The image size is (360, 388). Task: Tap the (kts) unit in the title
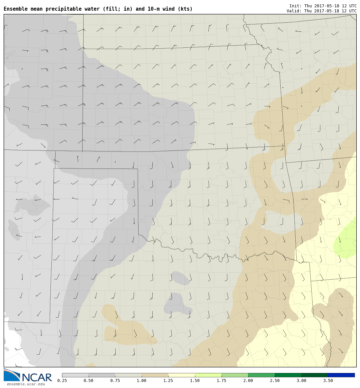coord(185,9)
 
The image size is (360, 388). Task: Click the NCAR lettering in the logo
coord(37,377)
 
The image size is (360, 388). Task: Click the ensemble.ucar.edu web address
coord(26,384)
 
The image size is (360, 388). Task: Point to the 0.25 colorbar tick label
coord(62,381)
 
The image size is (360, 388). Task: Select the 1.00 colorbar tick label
coord(141,381)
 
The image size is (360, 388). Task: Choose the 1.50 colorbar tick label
coord(195,381)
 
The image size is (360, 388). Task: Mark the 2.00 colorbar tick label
coord(248,381)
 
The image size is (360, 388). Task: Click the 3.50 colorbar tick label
coord(328,381)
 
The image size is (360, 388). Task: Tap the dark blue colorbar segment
coord(341,375)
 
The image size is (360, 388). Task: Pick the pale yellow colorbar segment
coord(181,375)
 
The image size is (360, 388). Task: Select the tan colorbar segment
coord(155,375)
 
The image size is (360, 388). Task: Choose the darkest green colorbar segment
coord(315,375)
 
